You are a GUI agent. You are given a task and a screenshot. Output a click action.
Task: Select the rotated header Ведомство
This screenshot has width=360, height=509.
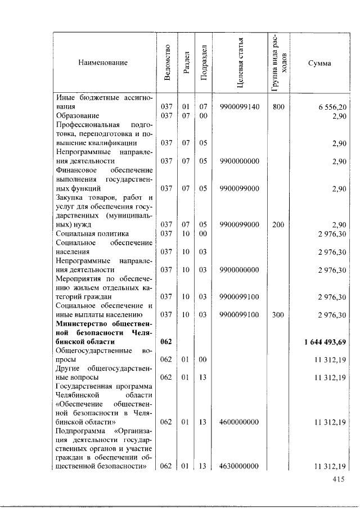[x=166, y=63]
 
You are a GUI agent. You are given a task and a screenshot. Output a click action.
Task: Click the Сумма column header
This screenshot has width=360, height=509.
[x=319, y=63]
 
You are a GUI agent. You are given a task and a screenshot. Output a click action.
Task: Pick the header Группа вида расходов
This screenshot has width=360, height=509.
[x=278, y=62]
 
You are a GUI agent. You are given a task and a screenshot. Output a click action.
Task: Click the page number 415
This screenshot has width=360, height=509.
[x=338, y=479]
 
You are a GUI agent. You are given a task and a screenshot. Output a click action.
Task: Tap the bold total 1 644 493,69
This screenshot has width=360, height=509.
[x=323, y=341]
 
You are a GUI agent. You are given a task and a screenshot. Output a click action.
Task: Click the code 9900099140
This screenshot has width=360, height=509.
[x=240, y=106]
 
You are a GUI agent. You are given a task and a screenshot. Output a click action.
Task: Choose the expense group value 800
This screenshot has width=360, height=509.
[x=278, y=106]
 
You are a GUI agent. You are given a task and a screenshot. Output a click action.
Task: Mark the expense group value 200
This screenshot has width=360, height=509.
[x=278, y=224]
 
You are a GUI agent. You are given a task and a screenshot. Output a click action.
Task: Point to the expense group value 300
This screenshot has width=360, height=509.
[x=278, y=315]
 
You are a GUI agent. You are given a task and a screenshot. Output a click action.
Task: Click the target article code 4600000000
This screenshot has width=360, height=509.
[x=240, y=421]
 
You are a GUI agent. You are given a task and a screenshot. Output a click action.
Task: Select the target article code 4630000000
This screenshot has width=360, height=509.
[x=240, y=466]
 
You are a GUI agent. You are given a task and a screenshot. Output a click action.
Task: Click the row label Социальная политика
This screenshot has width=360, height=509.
[x=92, y=233]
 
